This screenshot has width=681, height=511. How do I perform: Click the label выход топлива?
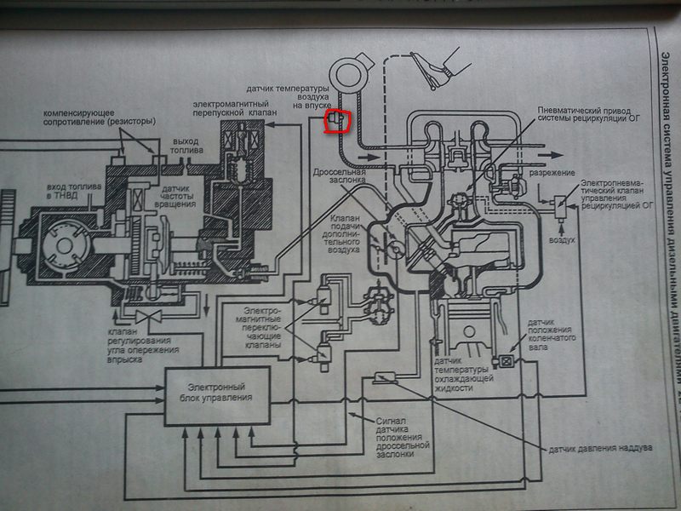pos(186,145)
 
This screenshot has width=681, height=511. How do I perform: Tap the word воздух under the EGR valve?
pos(563,241)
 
